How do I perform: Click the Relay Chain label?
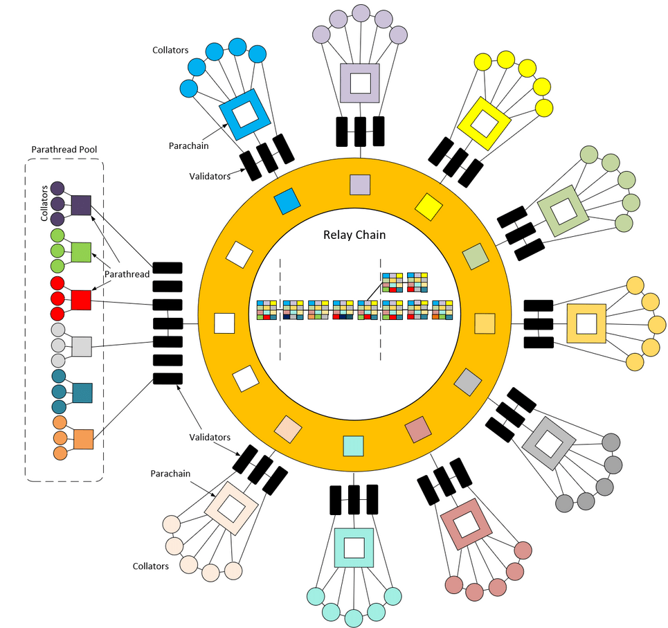pyautogui.click(x=354, y=235)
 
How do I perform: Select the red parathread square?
pyautogui.click(x=81, y=300)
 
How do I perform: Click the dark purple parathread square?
pyautogui.click(x=81, y=205)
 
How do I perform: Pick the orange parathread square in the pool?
pyautogui.click(x=83, y=439)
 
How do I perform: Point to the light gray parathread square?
pyautogui.click(x=82, y=346)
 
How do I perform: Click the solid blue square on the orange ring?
pyautogui.click(x=287, y=201)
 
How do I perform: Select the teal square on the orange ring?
pyautogui.click(x=354, y=445)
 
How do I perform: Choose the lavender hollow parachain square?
pyautogui.click(x=359, y=84)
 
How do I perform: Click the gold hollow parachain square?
pyautogui.click(x=586, y=323)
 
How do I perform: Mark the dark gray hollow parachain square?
pyautogui.click(x=549, y=443)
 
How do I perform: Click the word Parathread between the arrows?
pyautogui.click(x=127, y=274)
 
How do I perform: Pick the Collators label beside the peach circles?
pyautogui.click(x=150, y=566)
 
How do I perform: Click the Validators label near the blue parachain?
pyautogui.click(x=210, y=177)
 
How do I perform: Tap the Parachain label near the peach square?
pyautogui.click(x=170, y=474)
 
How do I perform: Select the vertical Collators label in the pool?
pyautogui.click(x=44, y=203)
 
